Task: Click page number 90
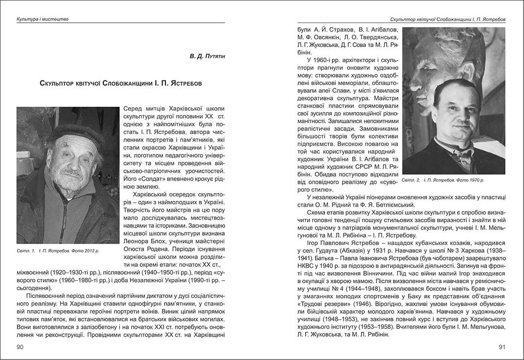point(20,347)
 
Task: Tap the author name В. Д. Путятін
point(208,57)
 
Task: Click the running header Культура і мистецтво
point(42,19)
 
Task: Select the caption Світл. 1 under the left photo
point(58,251)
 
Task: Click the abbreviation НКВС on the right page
point(307,267)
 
